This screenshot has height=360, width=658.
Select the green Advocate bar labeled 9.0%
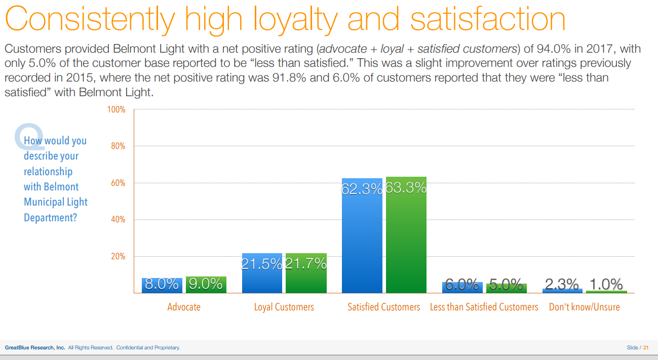click(206, 285)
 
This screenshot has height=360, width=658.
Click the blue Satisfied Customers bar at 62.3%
click(362, 238)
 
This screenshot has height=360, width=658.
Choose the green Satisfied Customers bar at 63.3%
click(406, 238)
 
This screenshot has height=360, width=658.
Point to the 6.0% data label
click(462, 285)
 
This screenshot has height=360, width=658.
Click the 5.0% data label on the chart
click(506, 285)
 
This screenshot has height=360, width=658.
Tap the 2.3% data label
click(562, 285)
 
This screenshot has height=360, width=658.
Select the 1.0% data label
click(606, 285)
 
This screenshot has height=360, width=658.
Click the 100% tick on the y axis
click(116, 109)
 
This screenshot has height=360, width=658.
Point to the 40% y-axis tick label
click(118, 220)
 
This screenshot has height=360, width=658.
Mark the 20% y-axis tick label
click(118, 257)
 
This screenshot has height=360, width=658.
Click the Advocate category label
click(184, 307)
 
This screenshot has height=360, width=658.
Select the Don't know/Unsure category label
click(584, 307)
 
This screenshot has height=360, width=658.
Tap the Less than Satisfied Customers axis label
click(484, 307)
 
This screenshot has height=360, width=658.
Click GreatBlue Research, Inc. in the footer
click(35, 348)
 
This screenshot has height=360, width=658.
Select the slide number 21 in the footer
click(646, 348)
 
